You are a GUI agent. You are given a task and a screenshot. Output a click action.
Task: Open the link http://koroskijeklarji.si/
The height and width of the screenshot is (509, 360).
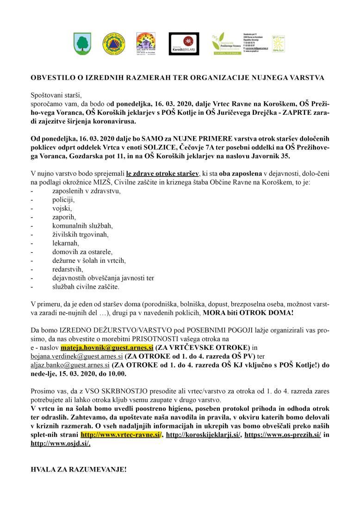[x=203, y=435]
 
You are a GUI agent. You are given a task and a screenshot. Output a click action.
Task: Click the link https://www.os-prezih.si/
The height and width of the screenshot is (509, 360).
[x=282, y=435]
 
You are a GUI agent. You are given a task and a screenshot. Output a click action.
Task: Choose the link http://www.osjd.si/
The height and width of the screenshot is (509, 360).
[x=60, y=443]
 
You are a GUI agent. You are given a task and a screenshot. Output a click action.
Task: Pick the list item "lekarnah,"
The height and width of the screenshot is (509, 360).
[x=66, y=243]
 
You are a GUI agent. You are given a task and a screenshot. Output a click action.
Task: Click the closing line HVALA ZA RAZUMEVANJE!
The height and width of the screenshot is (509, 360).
[x=78, y=469]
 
